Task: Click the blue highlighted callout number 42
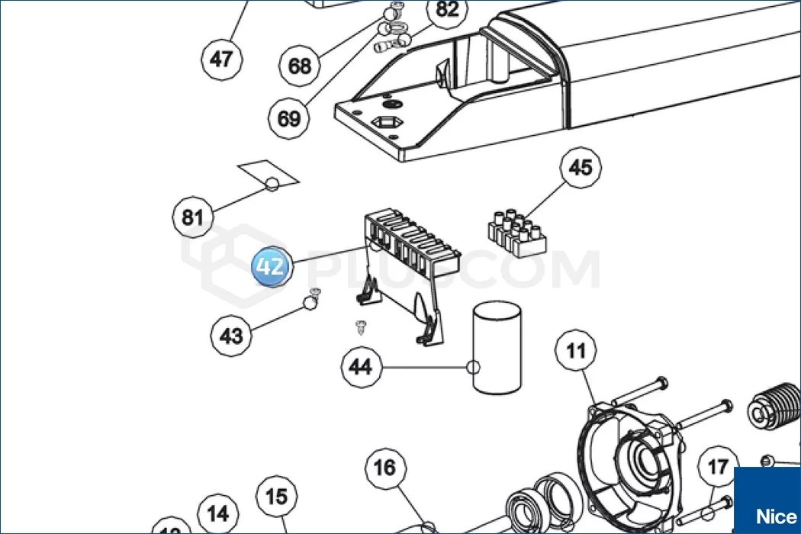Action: point(271,266)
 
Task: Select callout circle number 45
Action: point(581,167)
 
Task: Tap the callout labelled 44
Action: point(360,368)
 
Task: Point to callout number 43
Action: point(231,335)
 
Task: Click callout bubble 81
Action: point(192,217)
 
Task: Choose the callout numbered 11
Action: point(576,351)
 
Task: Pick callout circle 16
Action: point(385,467)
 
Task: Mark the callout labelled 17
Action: point(718,467)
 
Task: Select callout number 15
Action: point(276,497)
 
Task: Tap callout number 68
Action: point(300,66)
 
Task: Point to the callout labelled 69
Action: point(289,118)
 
